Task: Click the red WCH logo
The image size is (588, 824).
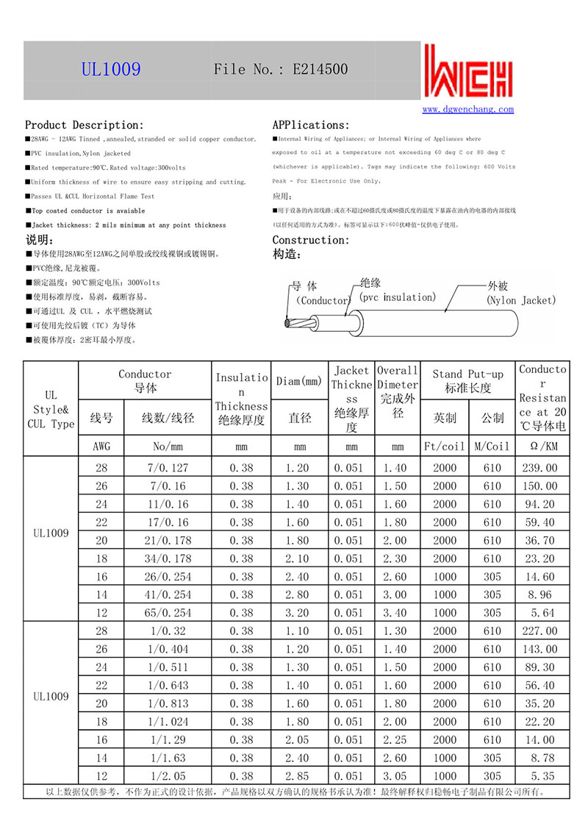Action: tap(467, 72)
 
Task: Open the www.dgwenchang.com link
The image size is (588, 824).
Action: tap(468, 110)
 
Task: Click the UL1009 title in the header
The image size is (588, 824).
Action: tap(111, 70)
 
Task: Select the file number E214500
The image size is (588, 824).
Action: tap(320, 70)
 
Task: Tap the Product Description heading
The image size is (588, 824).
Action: tap(85, 125)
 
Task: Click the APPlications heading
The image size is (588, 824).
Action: tap(311, 125)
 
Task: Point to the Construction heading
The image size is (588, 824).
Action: tap(310, 240)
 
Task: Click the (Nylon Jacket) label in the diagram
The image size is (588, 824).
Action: tap(521, 300)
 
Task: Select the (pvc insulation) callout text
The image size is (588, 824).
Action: tap(398, 297)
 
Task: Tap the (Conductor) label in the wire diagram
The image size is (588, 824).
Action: tap(322, 300)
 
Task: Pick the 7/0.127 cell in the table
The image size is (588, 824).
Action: tap(168, 468)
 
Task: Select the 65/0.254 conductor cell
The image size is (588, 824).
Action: tap(168, 613)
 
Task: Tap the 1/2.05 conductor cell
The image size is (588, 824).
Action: tap(168, 776)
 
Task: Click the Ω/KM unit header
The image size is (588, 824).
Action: tap(542, 446)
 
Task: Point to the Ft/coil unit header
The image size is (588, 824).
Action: tap(445, 446)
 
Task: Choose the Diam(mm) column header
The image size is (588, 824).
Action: tap(300, 381)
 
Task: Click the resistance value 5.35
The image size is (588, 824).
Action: tap(542, 776)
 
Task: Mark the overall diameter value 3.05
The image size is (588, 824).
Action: tap(398, 776)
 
